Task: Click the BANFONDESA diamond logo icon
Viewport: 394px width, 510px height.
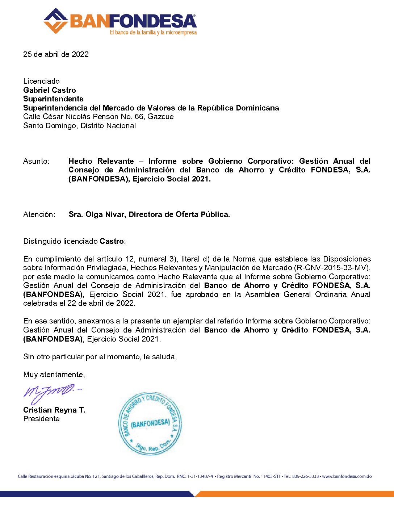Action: (55, 21)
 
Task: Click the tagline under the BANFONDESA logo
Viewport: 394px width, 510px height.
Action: (153, 33)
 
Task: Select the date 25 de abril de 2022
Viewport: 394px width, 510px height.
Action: (56, 54)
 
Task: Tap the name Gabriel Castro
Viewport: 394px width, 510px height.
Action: (50, 90)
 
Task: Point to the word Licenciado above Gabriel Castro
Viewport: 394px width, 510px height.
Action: (41, 81)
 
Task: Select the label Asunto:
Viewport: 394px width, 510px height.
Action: (36, 161)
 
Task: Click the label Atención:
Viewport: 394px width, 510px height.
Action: (39, 214)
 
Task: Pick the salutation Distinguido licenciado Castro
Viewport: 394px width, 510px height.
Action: (74, 241)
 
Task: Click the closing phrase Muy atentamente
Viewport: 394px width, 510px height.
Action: (54, 375)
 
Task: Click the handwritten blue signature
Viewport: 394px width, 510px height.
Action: (51, 393)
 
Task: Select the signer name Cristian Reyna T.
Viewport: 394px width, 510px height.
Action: (54, 410)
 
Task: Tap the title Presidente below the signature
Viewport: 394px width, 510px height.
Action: (41, 419)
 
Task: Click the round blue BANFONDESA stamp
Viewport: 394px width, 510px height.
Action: (150, 423)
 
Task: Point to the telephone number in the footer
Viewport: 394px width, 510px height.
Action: (306, 476)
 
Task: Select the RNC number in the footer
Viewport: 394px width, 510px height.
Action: (200, 476)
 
